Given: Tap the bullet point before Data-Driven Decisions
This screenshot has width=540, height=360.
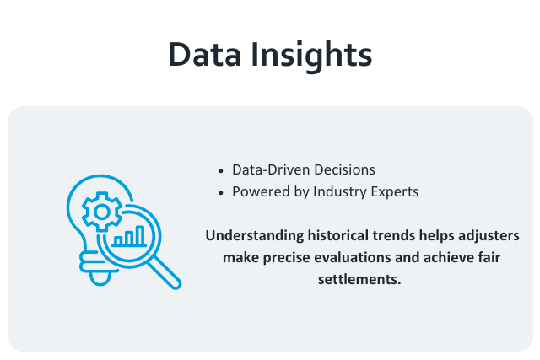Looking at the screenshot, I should coord(221,169).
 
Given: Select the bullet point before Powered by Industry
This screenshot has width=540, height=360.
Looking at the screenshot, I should coord(221,192).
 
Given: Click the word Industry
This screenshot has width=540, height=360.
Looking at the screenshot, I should coord(342,191).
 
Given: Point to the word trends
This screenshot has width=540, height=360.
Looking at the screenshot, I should coord(389,234).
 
